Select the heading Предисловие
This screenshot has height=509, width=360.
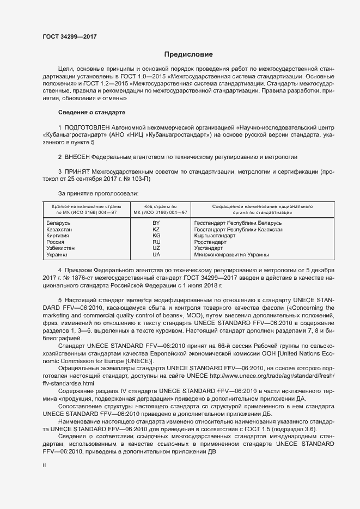(x=188, y=54)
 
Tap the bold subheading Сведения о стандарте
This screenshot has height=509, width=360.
(x=91, y=112)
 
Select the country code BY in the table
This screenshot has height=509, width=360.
(x=156, y=223)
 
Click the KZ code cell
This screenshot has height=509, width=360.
(x=156, y=230)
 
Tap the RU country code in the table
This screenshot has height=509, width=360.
(x=156, y=242)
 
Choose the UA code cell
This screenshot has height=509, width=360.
(x=156, y=254)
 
